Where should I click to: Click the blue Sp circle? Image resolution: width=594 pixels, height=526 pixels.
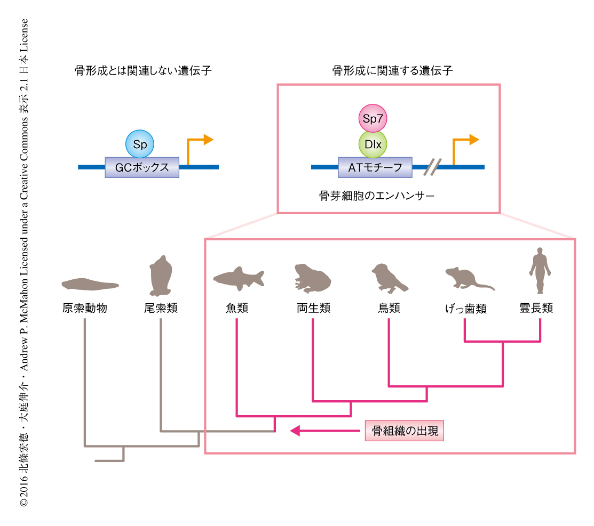coord(140,144)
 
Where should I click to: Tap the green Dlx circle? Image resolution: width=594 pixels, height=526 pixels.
coord(373,144)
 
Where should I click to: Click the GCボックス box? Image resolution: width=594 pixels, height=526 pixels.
coord(142,167)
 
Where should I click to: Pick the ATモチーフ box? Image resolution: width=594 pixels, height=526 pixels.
coord(375,167)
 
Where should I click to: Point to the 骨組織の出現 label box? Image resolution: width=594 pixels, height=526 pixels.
coord(405,431)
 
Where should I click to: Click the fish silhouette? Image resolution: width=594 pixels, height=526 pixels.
coord(239,277)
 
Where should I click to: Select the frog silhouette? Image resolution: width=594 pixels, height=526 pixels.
coord(313,278)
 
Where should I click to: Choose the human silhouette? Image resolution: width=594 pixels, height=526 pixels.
coord(540,270)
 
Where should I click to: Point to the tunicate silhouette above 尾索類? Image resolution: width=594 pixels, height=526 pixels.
coord(160,276)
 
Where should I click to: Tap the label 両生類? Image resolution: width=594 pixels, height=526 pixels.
coord(313,308)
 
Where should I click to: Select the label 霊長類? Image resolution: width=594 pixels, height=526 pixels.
coord(536,308)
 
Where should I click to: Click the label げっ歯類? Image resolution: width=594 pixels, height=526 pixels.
coord(465,309)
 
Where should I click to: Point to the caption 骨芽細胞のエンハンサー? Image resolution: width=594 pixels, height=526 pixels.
coord(376,196)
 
